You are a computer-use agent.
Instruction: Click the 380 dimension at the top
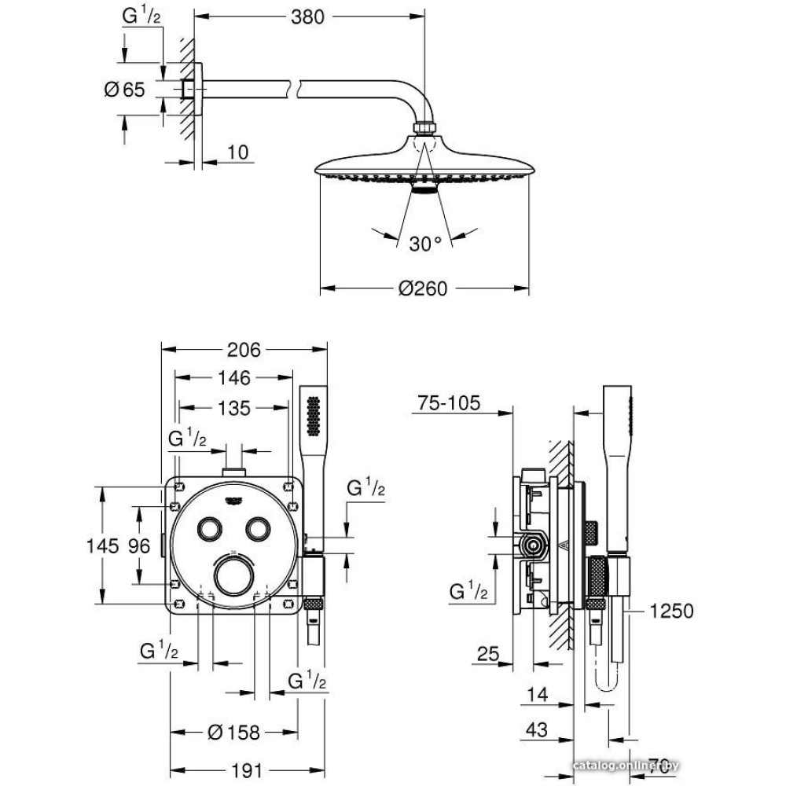(307, 17)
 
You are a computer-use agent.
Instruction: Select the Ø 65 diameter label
(125, 90)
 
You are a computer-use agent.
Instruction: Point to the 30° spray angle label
(425, 244)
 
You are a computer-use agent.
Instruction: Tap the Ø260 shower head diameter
(422, 289)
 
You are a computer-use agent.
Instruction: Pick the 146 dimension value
(233, 379)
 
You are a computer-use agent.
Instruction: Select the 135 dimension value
(233, 408)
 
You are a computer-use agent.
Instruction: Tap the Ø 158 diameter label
(233, 733)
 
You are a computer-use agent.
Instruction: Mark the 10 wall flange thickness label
(236, 152)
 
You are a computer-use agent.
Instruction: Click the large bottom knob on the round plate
(233, 576)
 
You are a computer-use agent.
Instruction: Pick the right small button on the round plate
(257, 529)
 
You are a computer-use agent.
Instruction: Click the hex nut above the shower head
(424, 126)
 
